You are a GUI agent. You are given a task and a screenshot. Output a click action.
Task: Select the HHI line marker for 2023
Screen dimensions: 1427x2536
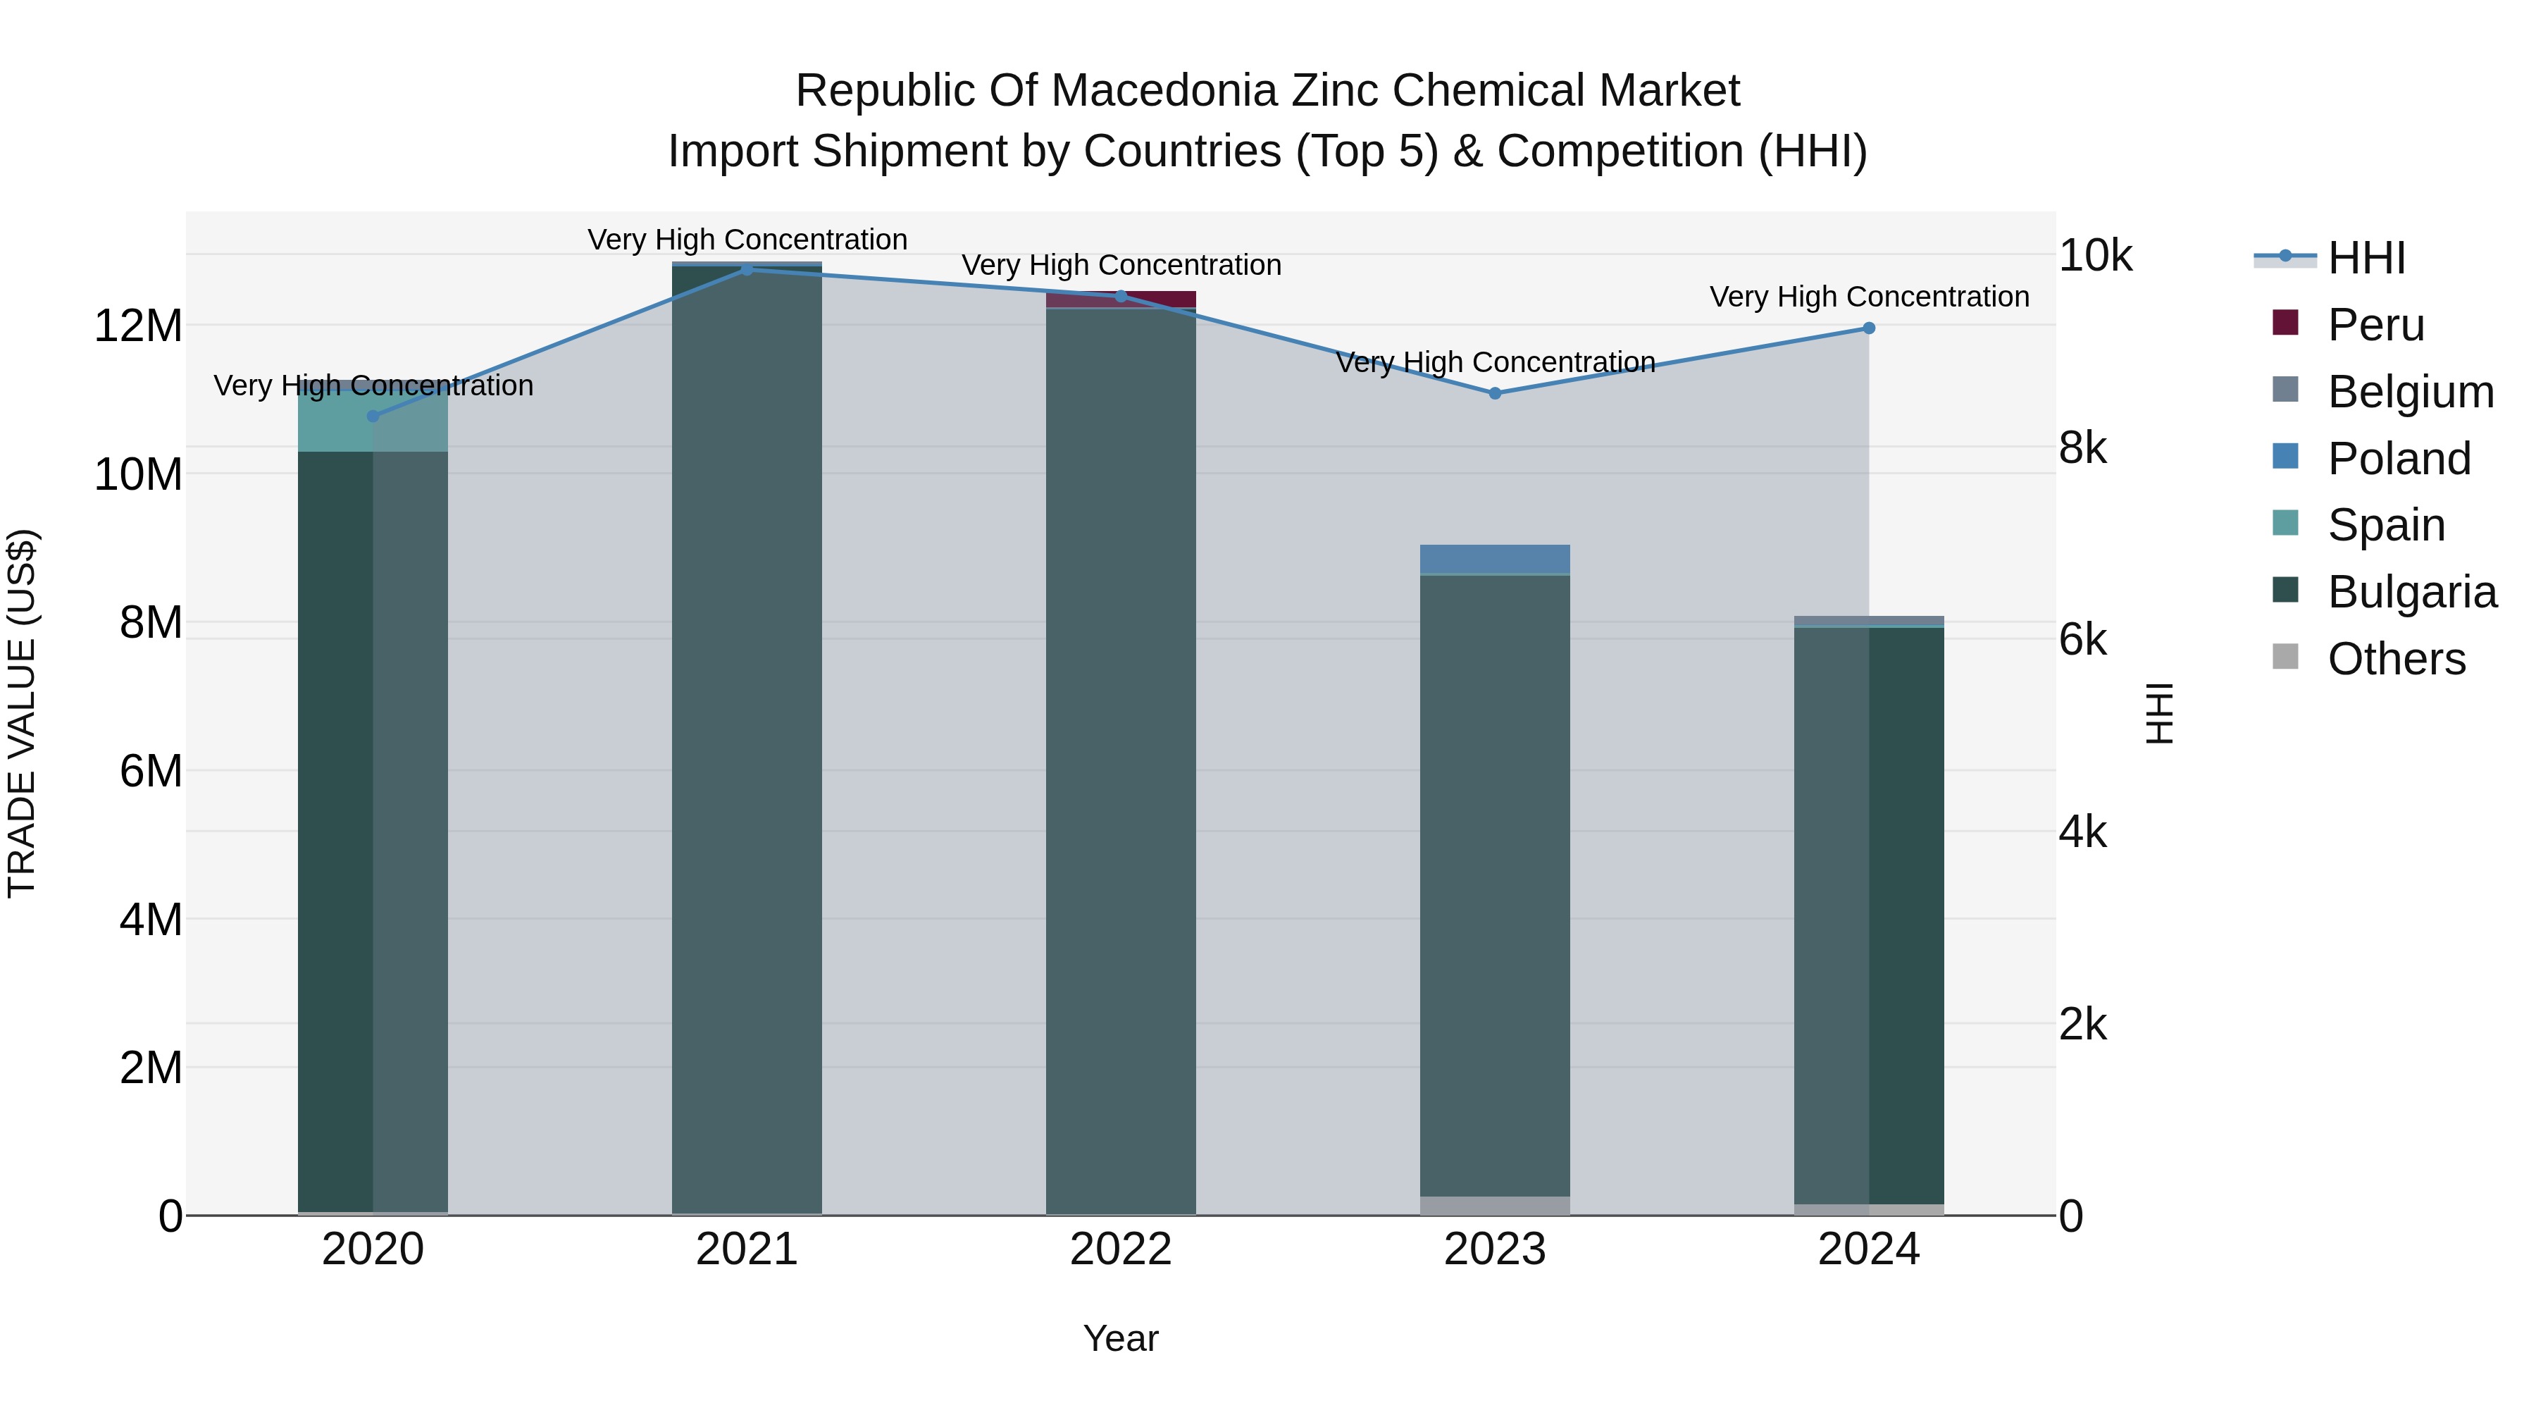click(x=1494, y=393)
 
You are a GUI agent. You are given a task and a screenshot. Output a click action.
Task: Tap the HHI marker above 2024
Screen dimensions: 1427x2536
click(x=1868, y=328)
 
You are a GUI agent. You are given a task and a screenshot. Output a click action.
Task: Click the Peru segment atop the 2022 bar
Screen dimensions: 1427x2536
click(x=1120, y=299)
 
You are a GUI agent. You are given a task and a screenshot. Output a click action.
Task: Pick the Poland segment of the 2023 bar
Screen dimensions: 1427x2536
click(x=1494, y=558)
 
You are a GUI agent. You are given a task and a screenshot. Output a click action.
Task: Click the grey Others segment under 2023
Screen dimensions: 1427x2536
click(x=1494, y=1206)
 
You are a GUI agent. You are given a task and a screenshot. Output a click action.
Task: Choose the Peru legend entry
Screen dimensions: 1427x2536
click(x=2375, y=325)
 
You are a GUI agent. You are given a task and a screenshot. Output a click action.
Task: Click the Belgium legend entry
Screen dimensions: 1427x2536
click(x=2409, y=392)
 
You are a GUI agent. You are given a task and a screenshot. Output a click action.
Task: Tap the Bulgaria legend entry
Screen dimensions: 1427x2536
click(x=2411, y=592)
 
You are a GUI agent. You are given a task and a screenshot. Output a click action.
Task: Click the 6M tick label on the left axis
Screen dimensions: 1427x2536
click(x=149, y=771)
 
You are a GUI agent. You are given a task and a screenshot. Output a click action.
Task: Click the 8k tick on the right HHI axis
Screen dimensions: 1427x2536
click(x=2082, y=448)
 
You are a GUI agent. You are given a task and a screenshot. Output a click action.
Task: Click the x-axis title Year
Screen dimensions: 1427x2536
click(x=1120, y=1338)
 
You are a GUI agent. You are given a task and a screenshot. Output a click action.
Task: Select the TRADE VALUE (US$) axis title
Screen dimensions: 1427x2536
click(x=22, y=713)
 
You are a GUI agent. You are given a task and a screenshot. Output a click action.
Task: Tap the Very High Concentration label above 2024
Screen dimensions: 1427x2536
click(x=1868, y=297)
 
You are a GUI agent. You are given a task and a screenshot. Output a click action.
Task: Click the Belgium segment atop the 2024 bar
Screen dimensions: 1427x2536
click(x=1868, y=620)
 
